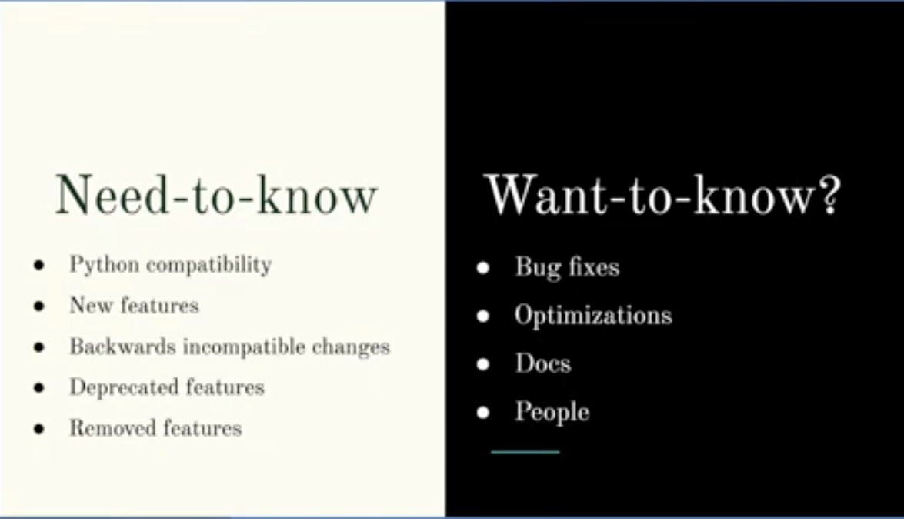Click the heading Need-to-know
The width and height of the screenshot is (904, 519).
tap(216, 195)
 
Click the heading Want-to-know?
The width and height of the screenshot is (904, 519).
tap(662, 195)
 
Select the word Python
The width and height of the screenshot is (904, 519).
tap(105, 265)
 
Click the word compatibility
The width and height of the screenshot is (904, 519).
tap(208, 265)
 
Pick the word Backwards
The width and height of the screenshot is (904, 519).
tap(123, 347)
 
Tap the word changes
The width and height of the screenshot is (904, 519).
tap(351, 347)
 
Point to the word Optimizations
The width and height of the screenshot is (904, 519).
tap(593, 316)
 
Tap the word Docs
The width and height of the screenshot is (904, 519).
tap(543, 363)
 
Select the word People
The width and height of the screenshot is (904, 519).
tap(552, 413)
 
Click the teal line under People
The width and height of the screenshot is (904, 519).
tap(525, 452)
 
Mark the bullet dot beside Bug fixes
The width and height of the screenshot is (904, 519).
tap(483, 268)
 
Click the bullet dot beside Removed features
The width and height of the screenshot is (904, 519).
tap(39, 429)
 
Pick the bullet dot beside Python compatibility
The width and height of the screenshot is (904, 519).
tap(39, 266)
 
